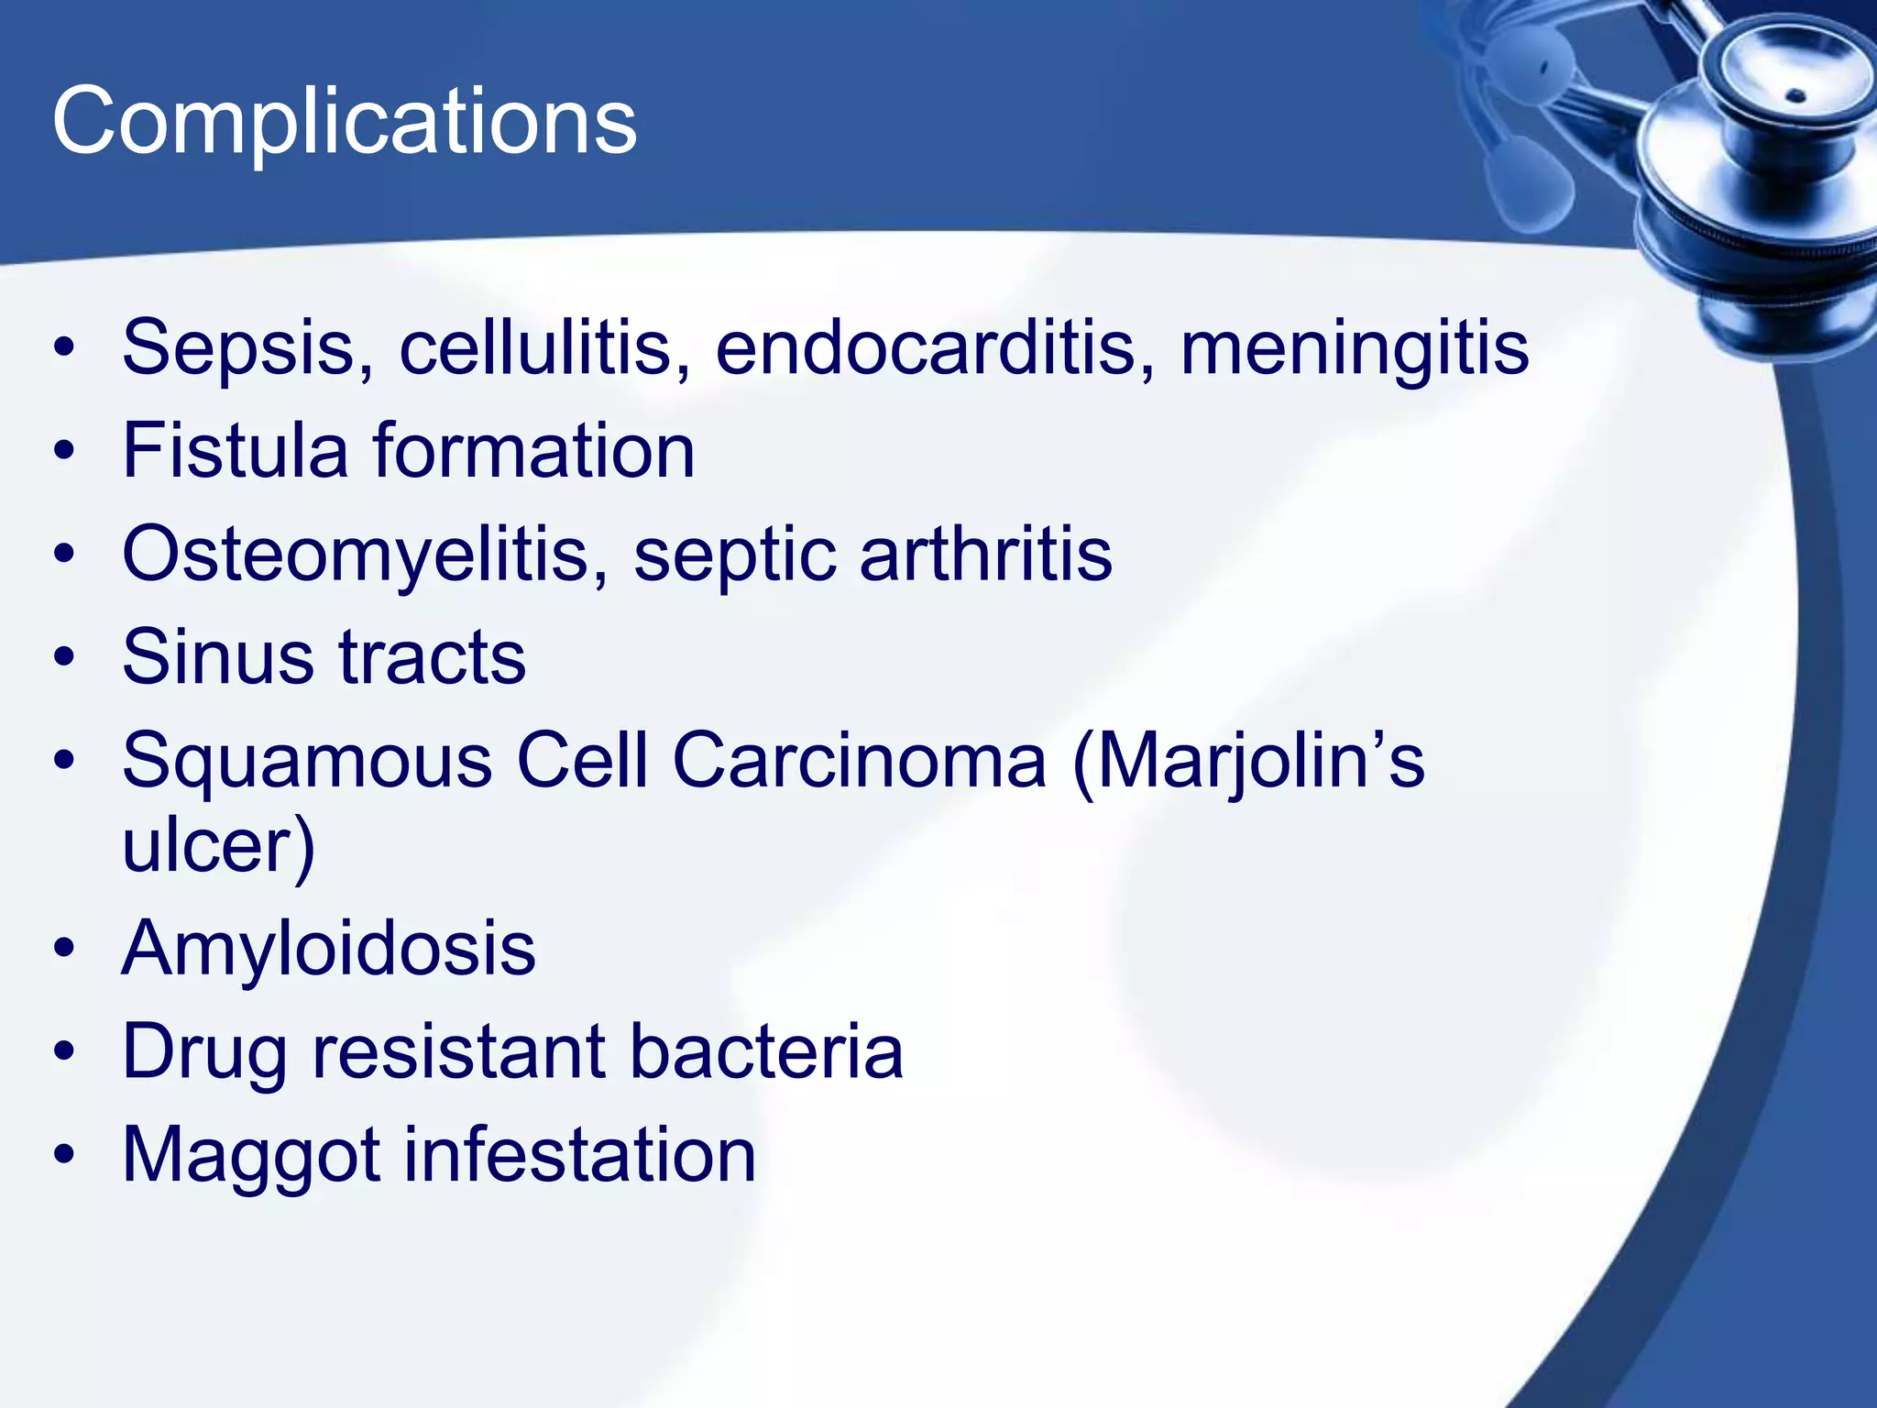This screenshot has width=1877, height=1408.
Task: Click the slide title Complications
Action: point(344,122)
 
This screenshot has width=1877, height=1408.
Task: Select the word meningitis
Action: point(1355,348)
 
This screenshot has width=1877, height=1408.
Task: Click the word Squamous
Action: point(307,761)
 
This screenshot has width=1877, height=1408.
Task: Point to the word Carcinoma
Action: point(859,761)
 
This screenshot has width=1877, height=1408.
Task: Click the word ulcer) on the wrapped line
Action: point(218,845)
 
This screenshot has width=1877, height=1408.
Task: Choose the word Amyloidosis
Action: point(328,948)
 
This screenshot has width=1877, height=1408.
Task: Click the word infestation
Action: point(579,1155)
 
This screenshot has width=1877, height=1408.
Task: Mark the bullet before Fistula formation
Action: point(63,451)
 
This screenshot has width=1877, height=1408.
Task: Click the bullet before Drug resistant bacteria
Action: point(63,1051)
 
